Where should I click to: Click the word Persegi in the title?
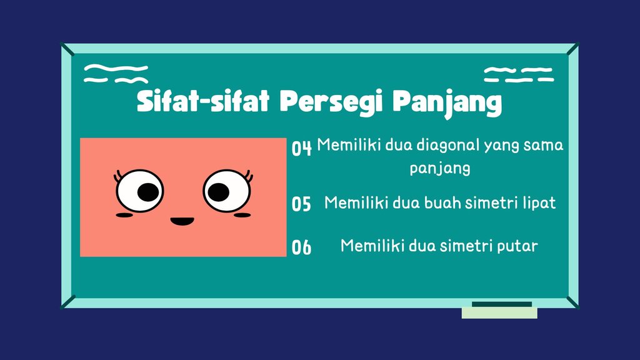331,101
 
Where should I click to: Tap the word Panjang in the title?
447,102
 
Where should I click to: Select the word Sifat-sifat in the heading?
203,101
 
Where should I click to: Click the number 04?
302,147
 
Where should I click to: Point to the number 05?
301,204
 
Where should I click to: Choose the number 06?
301,247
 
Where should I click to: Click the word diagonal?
447,146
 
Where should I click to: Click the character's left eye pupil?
147,192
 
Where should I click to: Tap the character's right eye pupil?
219,192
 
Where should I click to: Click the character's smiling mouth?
182,221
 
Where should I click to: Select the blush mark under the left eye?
124,215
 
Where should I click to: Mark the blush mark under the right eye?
242,215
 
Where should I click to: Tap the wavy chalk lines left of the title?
116,74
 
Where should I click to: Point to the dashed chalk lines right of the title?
519,75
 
